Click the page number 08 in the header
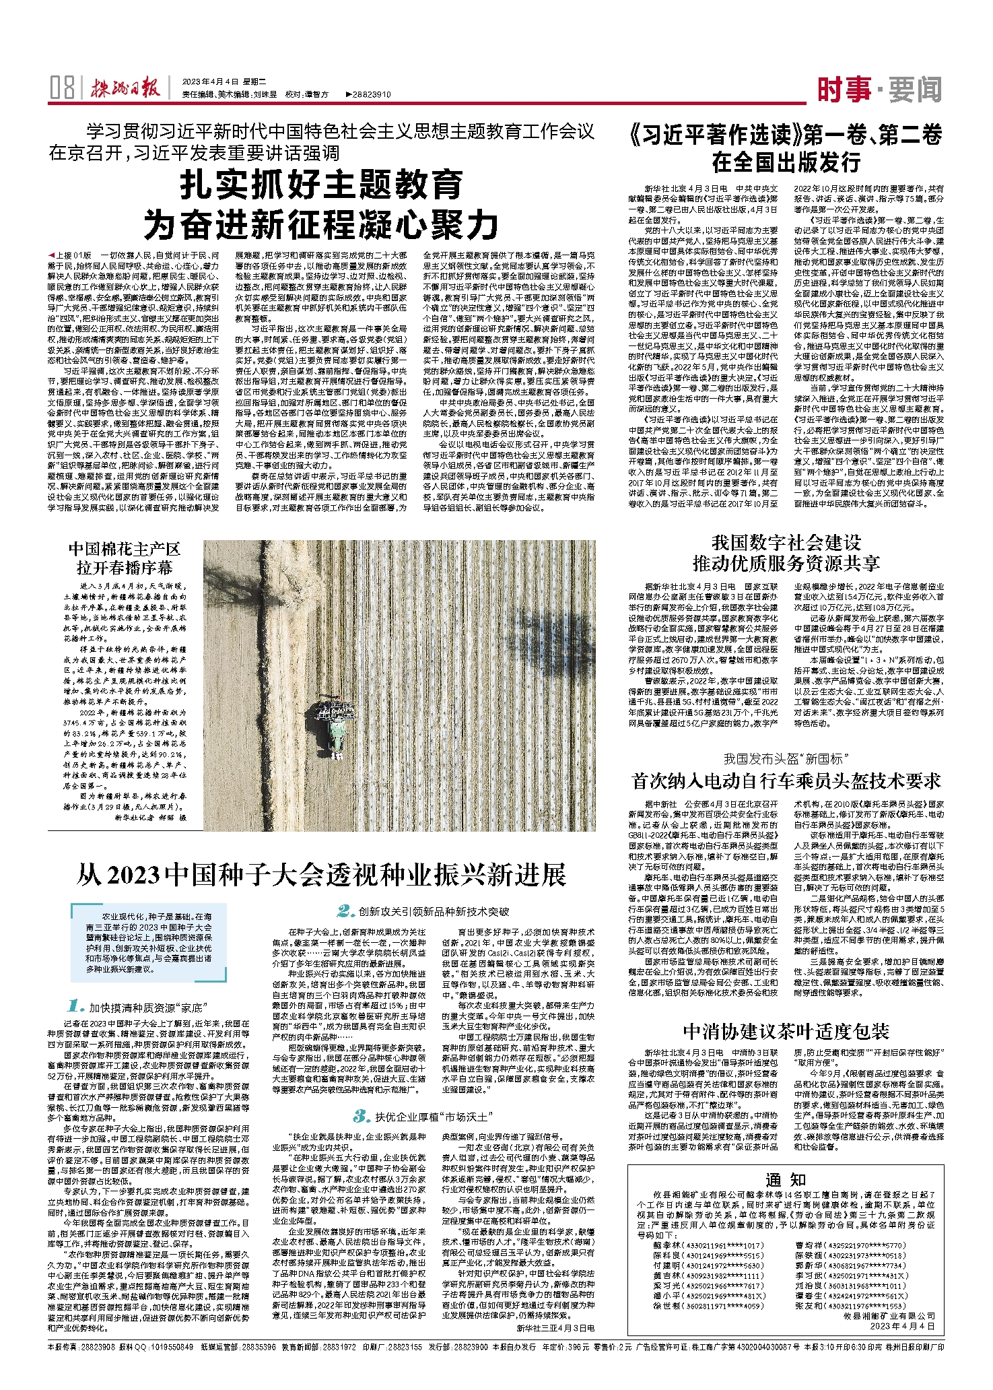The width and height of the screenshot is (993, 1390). [62, 88]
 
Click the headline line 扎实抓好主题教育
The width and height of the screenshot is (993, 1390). [322, 185]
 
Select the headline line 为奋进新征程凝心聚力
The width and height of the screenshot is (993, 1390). [322, 225]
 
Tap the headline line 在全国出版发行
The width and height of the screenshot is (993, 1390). [786, 162]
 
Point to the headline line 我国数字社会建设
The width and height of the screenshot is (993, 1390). [786, 543]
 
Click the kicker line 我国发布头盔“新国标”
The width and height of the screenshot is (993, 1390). [786, 759]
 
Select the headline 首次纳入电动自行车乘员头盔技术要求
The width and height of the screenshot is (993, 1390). [786, 781]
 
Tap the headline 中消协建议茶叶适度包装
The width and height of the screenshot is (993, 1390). [786, 1031]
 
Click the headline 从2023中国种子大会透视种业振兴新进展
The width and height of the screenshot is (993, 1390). [321, 875]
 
